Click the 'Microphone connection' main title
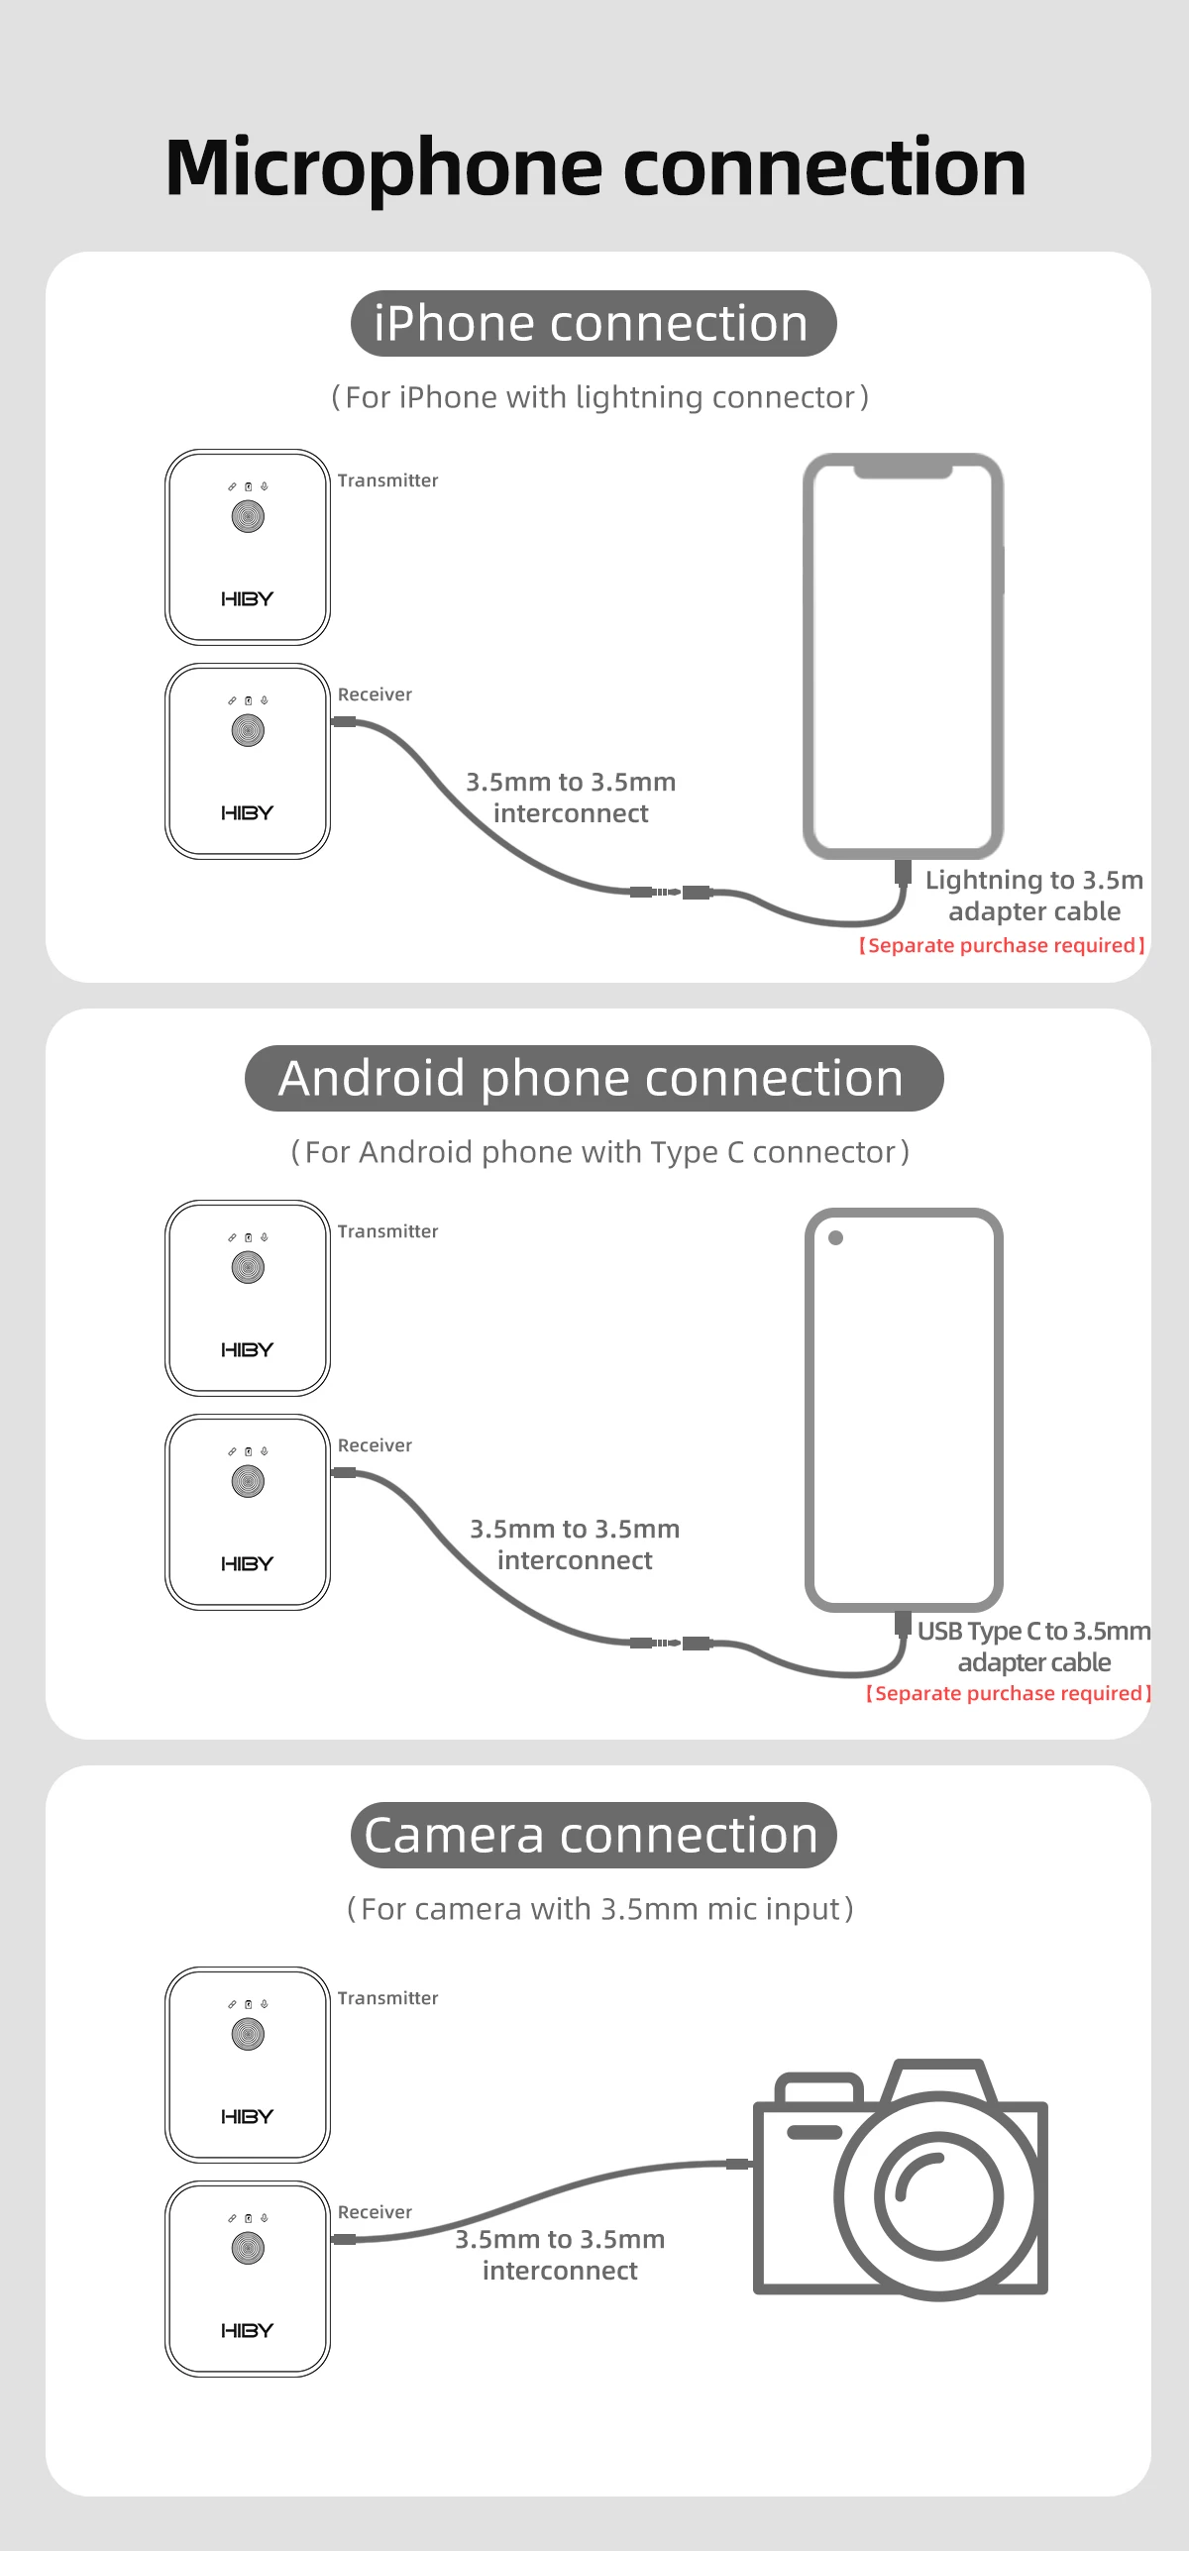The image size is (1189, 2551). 594,166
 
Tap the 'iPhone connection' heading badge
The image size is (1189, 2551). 593,324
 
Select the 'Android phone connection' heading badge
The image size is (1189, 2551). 593,1078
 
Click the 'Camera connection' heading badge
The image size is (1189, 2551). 593,1835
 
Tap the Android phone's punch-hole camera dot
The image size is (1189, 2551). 835,1237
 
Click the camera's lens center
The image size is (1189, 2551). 937,2197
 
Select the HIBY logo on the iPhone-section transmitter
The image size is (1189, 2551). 247,599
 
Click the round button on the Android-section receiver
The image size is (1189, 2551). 248,1482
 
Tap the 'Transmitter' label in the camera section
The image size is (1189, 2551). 387,1998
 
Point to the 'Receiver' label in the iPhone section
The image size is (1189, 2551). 375,694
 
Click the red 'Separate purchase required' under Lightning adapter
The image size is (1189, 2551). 1002,945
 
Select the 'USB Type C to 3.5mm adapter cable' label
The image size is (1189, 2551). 1033,1647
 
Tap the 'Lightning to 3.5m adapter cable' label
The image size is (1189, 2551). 1033,896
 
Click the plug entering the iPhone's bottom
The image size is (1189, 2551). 903,872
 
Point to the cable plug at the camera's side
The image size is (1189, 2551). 738,2164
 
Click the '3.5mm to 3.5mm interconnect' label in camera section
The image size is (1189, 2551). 560,2255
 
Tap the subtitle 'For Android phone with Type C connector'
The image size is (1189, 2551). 599,1152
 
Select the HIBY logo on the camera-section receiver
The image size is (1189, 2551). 247,2331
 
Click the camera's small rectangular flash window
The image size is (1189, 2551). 814,2132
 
